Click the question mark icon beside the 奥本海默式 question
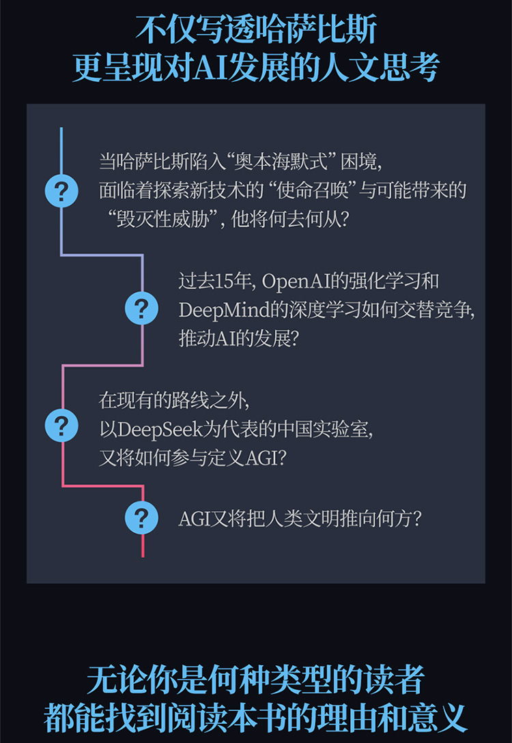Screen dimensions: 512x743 point(61,191)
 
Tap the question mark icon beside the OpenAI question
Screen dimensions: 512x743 point(142,309)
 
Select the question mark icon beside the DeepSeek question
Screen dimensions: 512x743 point(61,426)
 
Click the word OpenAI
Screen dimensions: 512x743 point(300,280)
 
